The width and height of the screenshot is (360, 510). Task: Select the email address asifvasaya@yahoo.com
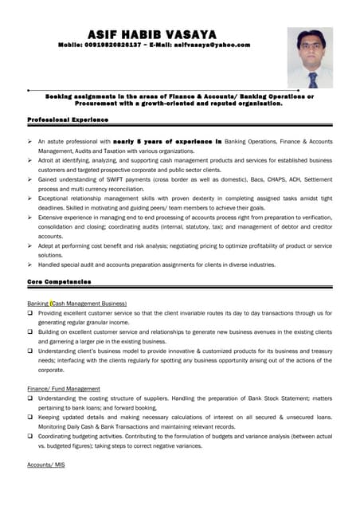(x=208, y=45)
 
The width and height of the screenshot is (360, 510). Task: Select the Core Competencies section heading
(x=59, y=282)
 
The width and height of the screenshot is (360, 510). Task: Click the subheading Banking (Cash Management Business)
(x=76, y=304)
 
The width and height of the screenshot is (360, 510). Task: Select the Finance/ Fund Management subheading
(x=64, y=388)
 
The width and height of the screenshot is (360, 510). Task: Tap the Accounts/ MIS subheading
(x=46, y=464)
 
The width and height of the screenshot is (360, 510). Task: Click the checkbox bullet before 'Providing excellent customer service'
(x=30, y=315)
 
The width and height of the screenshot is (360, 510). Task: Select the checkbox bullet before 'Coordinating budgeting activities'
(x=30, y=436)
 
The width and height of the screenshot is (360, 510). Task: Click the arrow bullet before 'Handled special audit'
(x=29, y=264)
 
